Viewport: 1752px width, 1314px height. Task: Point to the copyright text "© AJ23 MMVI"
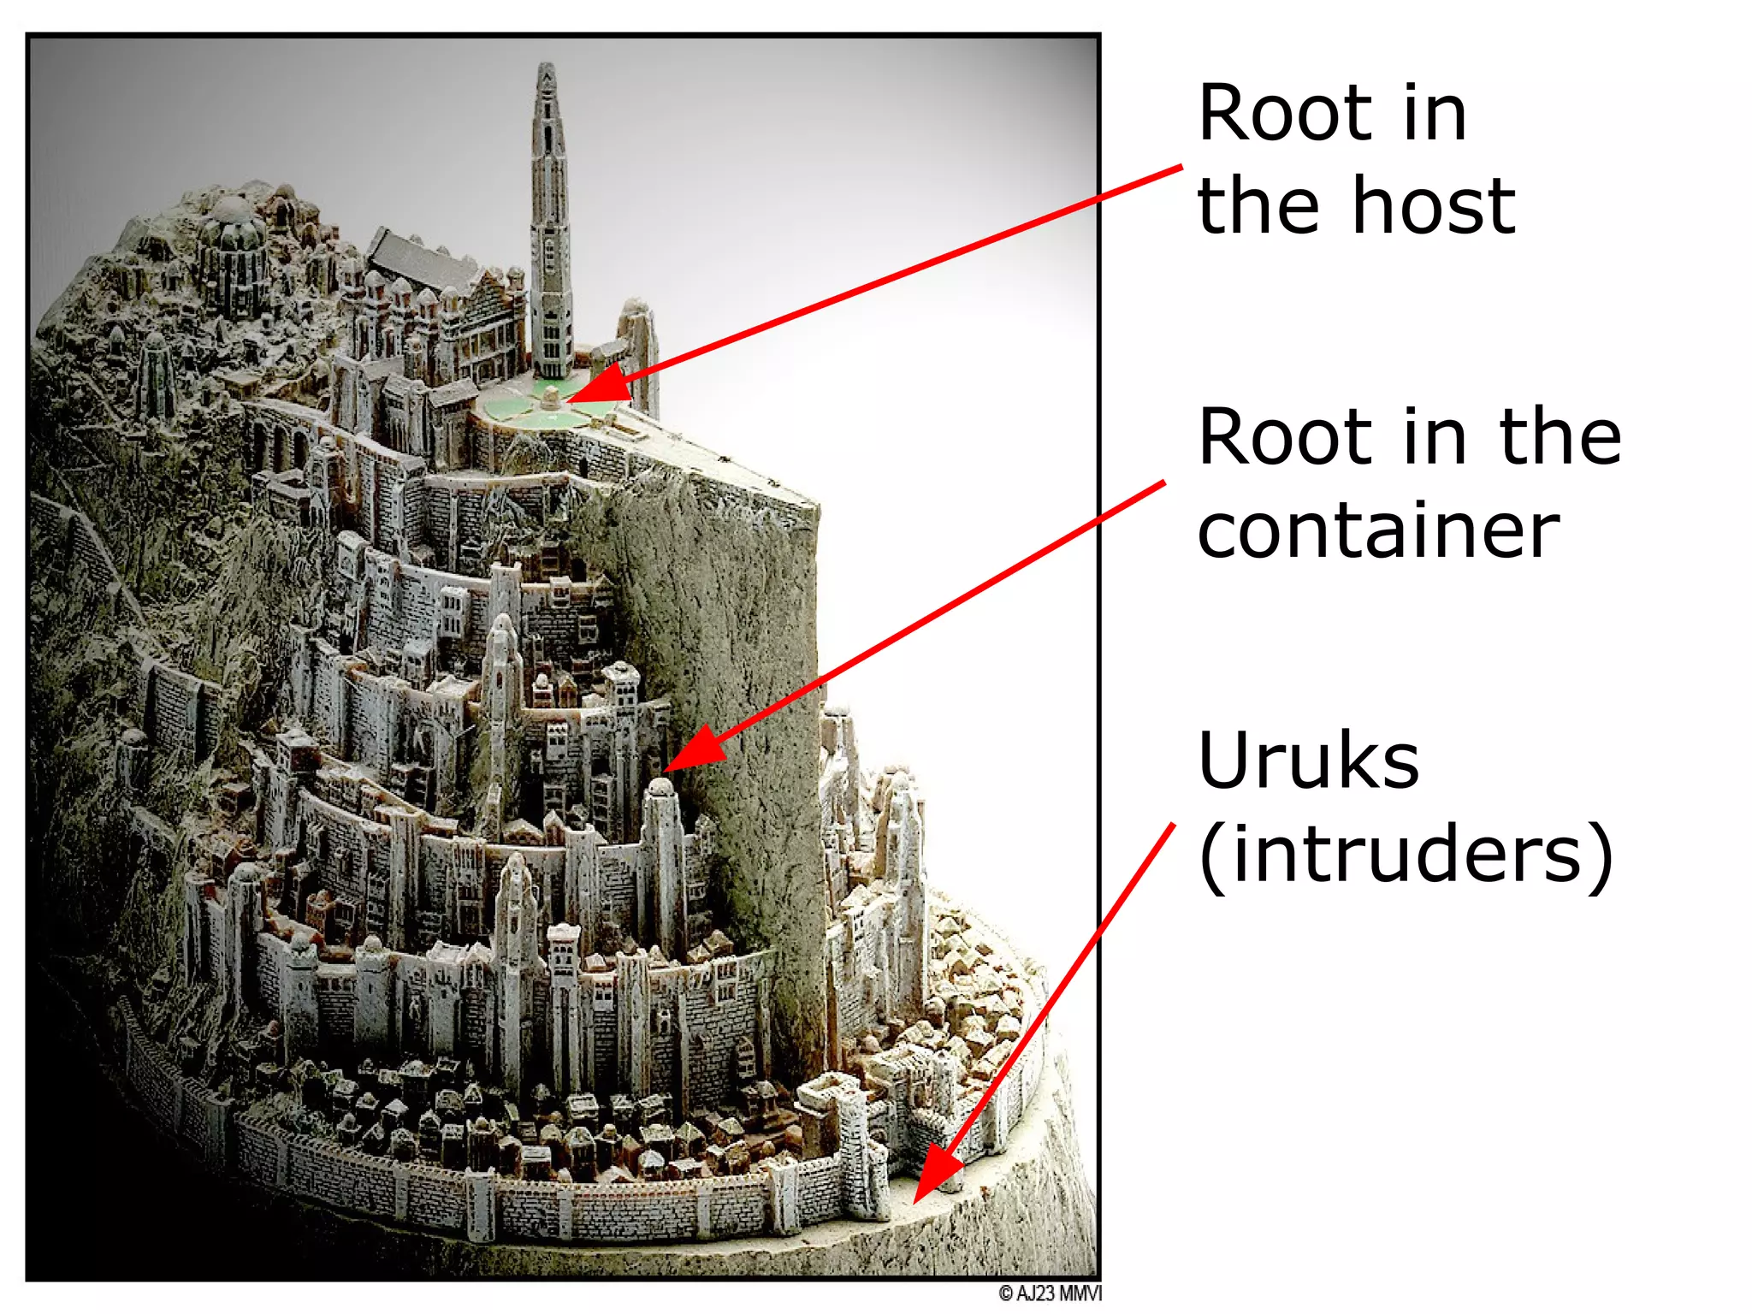(1050, 1293)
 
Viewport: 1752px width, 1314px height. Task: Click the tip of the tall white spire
(547, 67)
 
